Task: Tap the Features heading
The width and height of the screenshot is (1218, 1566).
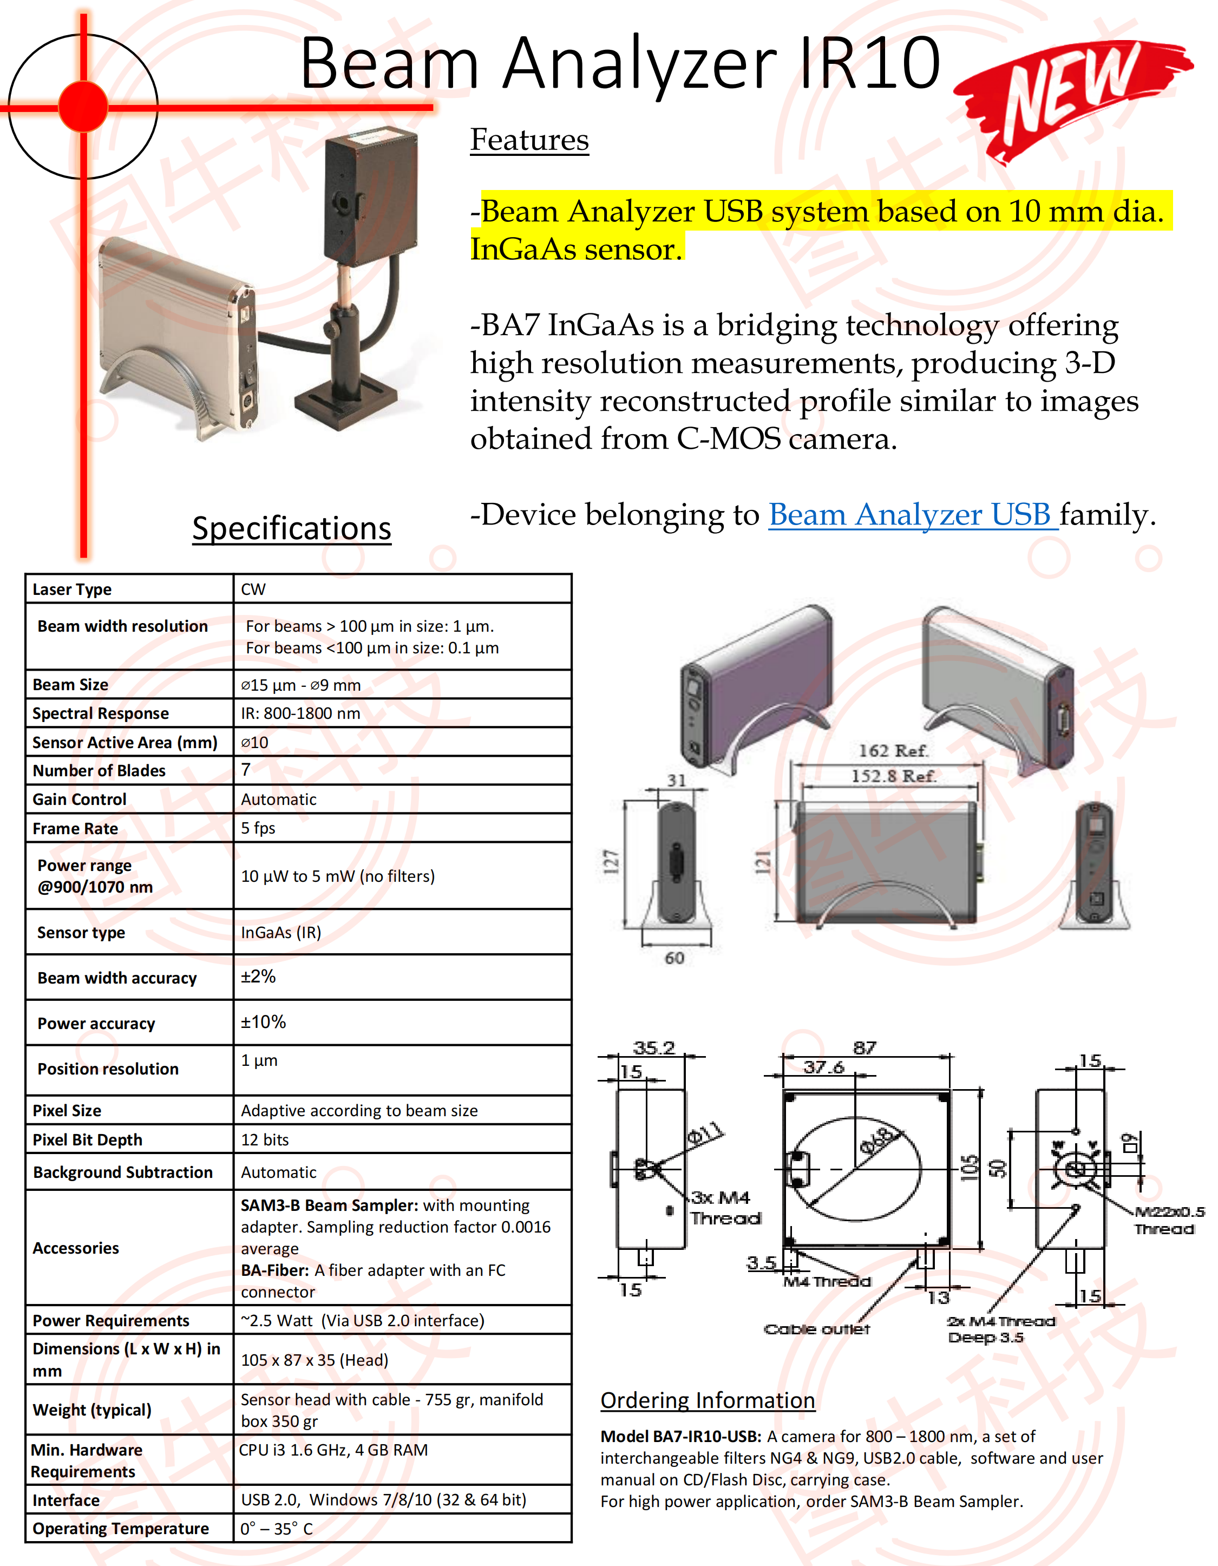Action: [529, 140]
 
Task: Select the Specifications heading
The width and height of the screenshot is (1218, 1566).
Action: [292, 528]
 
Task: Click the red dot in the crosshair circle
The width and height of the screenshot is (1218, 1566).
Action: [83, 107]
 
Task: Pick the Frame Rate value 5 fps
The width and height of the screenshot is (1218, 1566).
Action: [258, 828]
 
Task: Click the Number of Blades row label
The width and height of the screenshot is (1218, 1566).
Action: [99, 771]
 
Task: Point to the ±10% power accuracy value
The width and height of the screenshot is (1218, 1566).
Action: [263, 1022]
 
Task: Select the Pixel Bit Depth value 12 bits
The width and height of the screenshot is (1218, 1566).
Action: [265, 1140]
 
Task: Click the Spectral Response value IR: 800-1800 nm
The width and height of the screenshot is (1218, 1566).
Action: [300, 713]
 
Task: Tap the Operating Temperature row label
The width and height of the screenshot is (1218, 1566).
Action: [120, 1529]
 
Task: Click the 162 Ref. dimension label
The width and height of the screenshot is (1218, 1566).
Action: [893, 751]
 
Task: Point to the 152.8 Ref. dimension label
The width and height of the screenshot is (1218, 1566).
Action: [893, 776]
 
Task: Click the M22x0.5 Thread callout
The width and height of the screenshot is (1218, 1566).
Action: [1167, 1221]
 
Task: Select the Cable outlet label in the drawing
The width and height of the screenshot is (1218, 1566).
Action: [816, 1329]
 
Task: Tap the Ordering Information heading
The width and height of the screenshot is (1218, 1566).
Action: [708, 1400]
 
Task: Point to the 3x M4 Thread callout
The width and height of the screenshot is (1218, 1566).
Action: [724, 1208]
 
